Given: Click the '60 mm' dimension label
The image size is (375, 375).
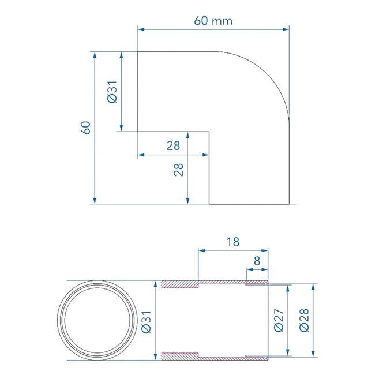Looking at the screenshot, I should click(213, 21).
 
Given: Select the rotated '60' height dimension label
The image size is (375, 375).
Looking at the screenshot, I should click(86, 127).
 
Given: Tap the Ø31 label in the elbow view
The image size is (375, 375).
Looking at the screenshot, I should click(112, 92).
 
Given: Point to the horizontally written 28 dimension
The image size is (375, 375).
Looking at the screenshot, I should click(173, 146).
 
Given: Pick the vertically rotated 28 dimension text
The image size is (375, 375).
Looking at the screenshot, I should click(178, 169).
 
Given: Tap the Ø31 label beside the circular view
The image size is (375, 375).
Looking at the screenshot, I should click(145, 321).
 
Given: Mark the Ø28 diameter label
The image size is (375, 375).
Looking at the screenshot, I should click(303, 321).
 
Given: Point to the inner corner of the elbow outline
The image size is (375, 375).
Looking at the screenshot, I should click(209, 132).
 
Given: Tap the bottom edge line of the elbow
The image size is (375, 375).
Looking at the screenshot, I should click(248, 204).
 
